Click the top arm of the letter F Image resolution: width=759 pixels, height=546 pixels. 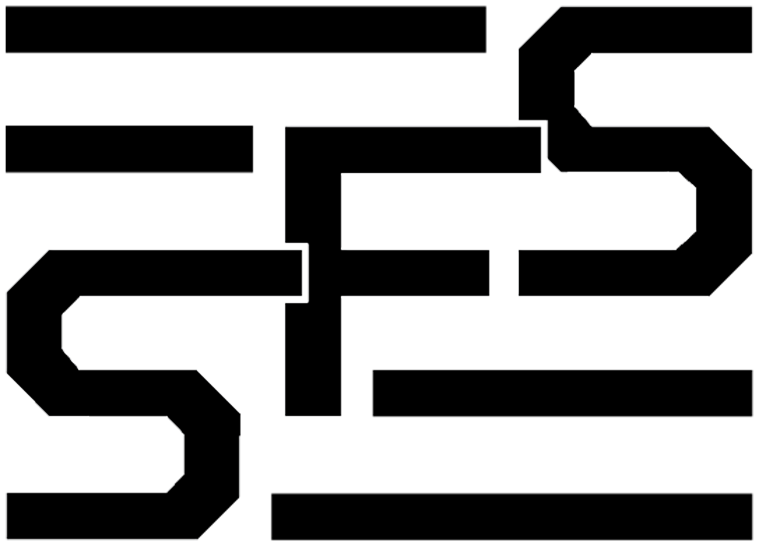[413, 150]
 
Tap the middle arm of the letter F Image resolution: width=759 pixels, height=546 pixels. [415, 273]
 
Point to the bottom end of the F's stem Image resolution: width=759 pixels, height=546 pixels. [313, 415]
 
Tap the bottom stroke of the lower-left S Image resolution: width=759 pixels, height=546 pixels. [103, 516]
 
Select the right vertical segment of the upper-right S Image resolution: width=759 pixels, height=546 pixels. [724, 211]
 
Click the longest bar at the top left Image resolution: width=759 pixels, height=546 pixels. [245, 29]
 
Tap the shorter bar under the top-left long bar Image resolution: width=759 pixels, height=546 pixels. [129, 149]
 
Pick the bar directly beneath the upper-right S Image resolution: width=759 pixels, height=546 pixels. [562, 393]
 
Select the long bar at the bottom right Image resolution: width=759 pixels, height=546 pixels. [512, 516]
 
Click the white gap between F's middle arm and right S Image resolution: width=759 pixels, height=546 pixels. [504, 273]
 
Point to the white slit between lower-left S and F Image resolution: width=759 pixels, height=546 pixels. [305, 273]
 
